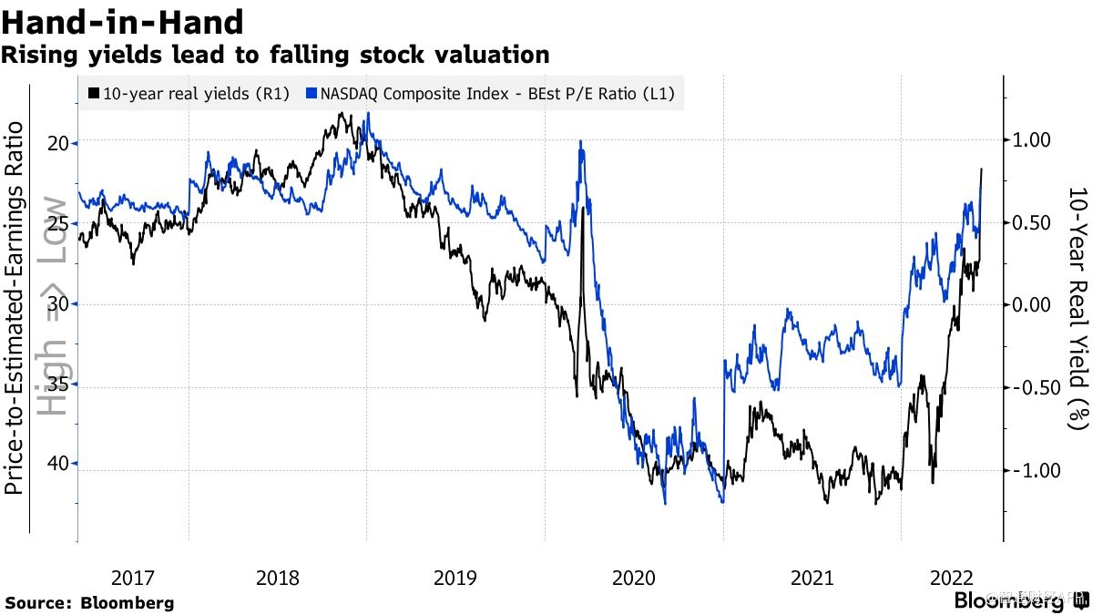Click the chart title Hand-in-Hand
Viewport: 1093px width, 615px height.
coord(123,21)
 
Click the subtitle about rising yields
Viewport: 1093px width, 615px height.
coord(274,55)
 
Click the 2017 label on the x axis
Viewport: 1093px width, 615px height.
coord(133,577)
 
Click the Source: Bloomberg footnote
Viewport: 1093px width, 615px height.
coord(89,602)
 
